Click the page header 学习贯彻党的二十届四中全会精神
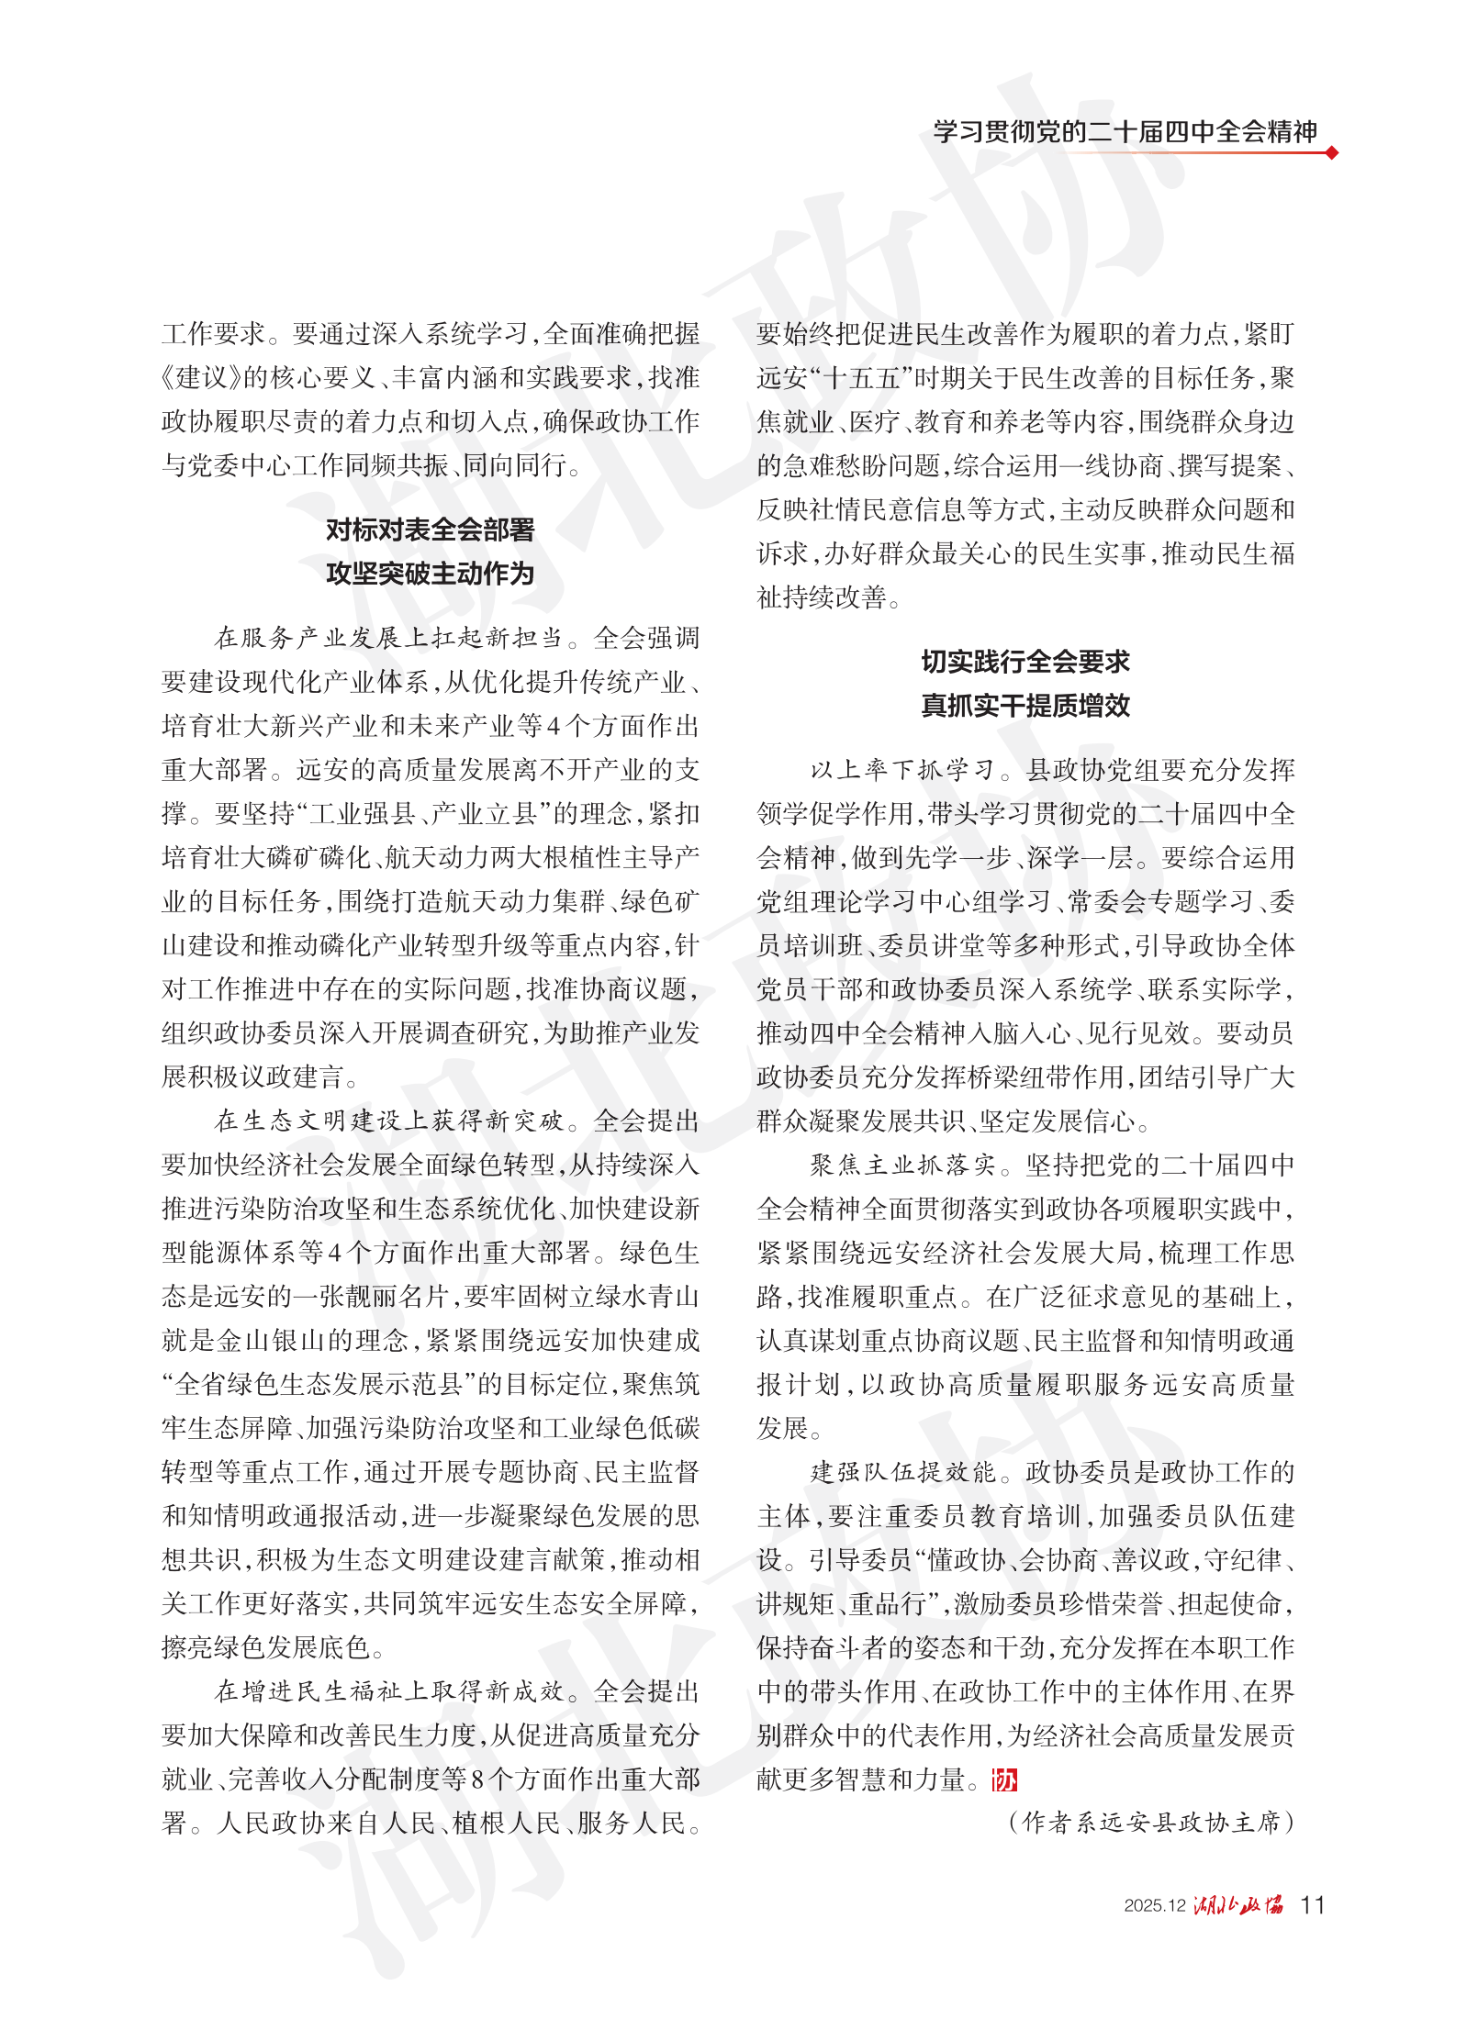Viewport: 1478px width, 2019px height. (x=1125, y=131)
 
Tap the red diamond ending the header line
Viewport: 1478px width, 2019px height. (x=1332, y=152)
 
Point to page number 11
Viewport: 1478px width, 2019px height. (x=1313, y=1904)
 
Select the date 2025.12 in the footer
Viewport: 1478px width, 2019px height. (x=1155, y=1905)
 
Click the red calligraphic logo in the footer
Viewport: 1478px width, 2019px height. (x=1238, y=1904)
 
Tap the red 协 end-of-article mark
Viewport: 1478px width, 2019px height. (x=1004, y=1780)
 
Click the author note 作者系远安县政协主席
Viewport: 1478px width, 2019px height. (x=1151, y=1822)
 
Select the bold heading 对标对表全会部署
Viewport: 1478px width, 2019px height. (x=430, y=530)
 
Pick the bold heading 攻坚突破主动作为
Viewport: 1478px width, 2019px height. (x=430, y=574)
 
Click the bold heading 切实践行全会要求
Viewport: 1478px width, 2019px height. (x=1025, y=661)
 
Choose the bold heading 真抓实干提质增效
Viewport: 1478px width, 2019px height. (x=1025, y=705)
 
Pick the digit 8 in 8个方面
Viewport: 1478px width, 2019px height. (x=477, y=1779)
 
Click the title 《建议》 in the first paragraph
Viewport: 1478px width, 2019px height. (x=202, y=377)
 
